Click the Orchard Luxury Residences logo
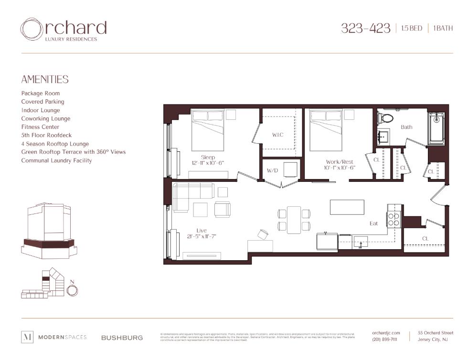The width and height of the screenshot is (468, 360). (x=63, y=30)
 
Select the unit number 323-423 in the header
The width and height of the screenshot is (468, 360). (x=365, y=28)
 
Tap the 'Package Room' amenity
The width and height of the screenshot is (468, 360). (x=41, y=94)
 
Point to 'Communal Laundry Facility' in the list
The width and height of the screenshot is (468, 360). (x=56, y=160)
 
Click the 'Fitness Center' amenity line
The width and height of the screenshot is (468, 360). (x=40, y=127)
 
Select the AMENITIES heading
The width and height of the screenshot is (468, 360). (x=45, y=80)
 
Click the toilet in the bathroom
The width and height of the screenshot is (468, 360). (x=385, y=117)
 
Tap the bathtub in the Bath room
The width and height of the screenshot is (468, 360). (x=436, y=128)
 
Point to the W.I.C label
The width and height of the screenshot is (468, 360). (x=277, y=135)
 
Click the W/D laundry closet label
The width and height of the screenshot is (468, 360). (x=272, y=170)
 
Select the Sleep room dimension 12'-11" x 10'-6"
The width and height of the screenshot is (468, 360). (x=208, y=163)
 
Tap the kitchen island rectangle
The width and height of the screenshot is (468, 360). (x=347, y=207)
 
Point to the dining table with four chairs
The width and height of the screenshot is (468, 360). (x=294, y=220)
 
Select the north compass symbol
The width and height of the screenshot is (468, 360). (x=72, y=289)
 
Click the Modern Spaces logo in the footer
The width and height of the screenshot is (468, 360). (x=54, y=337)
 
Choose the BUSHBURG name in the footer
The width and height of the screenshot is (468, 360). (x=122, y=338)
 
